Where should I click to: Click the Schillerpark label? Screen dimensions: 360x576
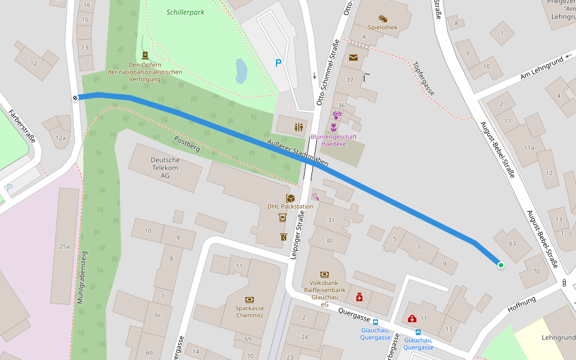point(185,11)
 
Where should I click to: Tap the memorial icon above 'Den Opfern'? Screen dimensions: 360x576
point(145,55)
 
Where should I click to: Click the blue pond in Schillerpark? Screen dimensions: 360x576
point(241,70)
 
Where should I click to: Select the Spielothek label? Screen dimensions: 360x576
point(383,27)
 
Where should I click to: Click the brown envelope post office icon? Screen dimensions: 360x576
point(353,58)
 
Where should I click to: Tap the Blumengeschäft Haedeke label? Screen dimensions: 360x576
point(334,140)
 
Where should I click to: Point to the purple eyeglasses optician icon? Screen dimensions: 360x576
point(337,115)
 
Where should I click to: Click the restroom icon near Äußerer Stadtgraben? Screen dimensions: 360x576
point(298,127)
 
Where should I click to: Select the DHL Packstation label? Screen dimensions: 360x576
point(290,206)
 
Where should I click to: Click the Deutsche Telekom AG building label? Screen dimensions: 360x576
point(164,167)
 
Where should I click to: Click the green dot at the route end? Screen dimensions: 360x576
point(500,265)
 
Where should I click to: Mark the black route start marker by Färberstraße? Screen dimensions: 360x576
point(76,98)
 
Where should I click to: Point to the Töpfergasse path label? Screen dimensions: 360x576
point(424,79)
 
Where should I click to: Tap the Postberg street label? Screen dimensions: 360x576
point(186,142)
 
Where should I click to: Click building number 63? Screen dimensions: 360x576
point(512,244)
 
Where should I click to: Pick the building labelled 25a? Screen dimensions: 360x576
point(64,246)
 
